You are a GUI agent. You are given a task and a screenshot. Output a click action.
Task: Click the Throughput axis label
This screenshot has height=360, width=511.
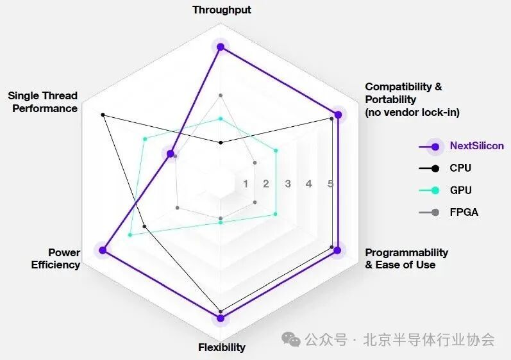point(222,10)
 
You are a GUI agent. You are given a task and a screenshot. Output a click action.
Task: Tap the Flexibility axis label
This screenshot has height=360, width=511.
point(221,347)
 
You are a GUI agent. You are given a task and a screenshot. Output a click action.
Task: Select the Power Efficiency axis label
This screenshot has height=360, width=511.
point(56,258)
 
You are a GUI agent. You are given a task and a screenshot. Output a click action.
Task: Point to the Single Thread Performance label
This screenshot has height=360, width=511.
point(43,102)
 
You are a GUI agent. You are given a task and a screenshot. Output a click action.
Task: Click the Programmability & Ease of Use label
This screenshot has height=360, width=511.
point(406,258)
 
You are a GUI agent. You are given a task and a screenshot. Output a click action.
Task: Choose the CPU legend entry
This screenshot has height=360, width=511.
point(460,168)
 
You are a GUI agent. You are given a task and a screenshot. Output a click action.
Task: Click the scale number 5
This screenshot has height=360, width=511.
point(330,184)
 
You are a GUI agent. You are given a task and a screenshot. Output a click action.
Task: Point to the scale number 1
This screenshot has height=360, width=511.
point(246,184)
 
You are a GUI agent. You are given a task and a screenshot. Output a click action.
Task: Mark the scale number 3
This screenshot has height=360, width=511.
point(288,184)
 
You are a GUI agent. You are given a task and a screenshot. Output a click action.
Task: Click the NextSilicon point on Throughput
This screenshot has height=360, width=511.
point(221,47)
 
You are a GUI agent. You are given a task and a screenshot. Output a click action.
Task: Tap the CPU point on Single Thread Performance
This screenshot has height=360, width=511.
point(103,115)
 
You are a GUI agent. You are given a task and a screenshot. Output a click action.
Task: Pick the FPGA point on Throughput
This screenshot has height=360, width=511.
point(221,95)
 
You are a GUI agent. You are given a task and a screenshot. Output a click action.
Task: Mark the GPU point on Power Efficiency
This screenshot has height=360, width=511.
point(130,235)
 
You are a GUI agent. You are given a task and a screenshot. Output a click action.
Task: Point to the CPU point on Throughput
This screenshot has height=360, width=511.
point(221,142)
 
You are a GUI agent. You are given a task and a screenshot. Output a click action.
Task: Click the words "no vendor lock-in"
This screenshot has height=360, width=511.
point(412,112)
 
